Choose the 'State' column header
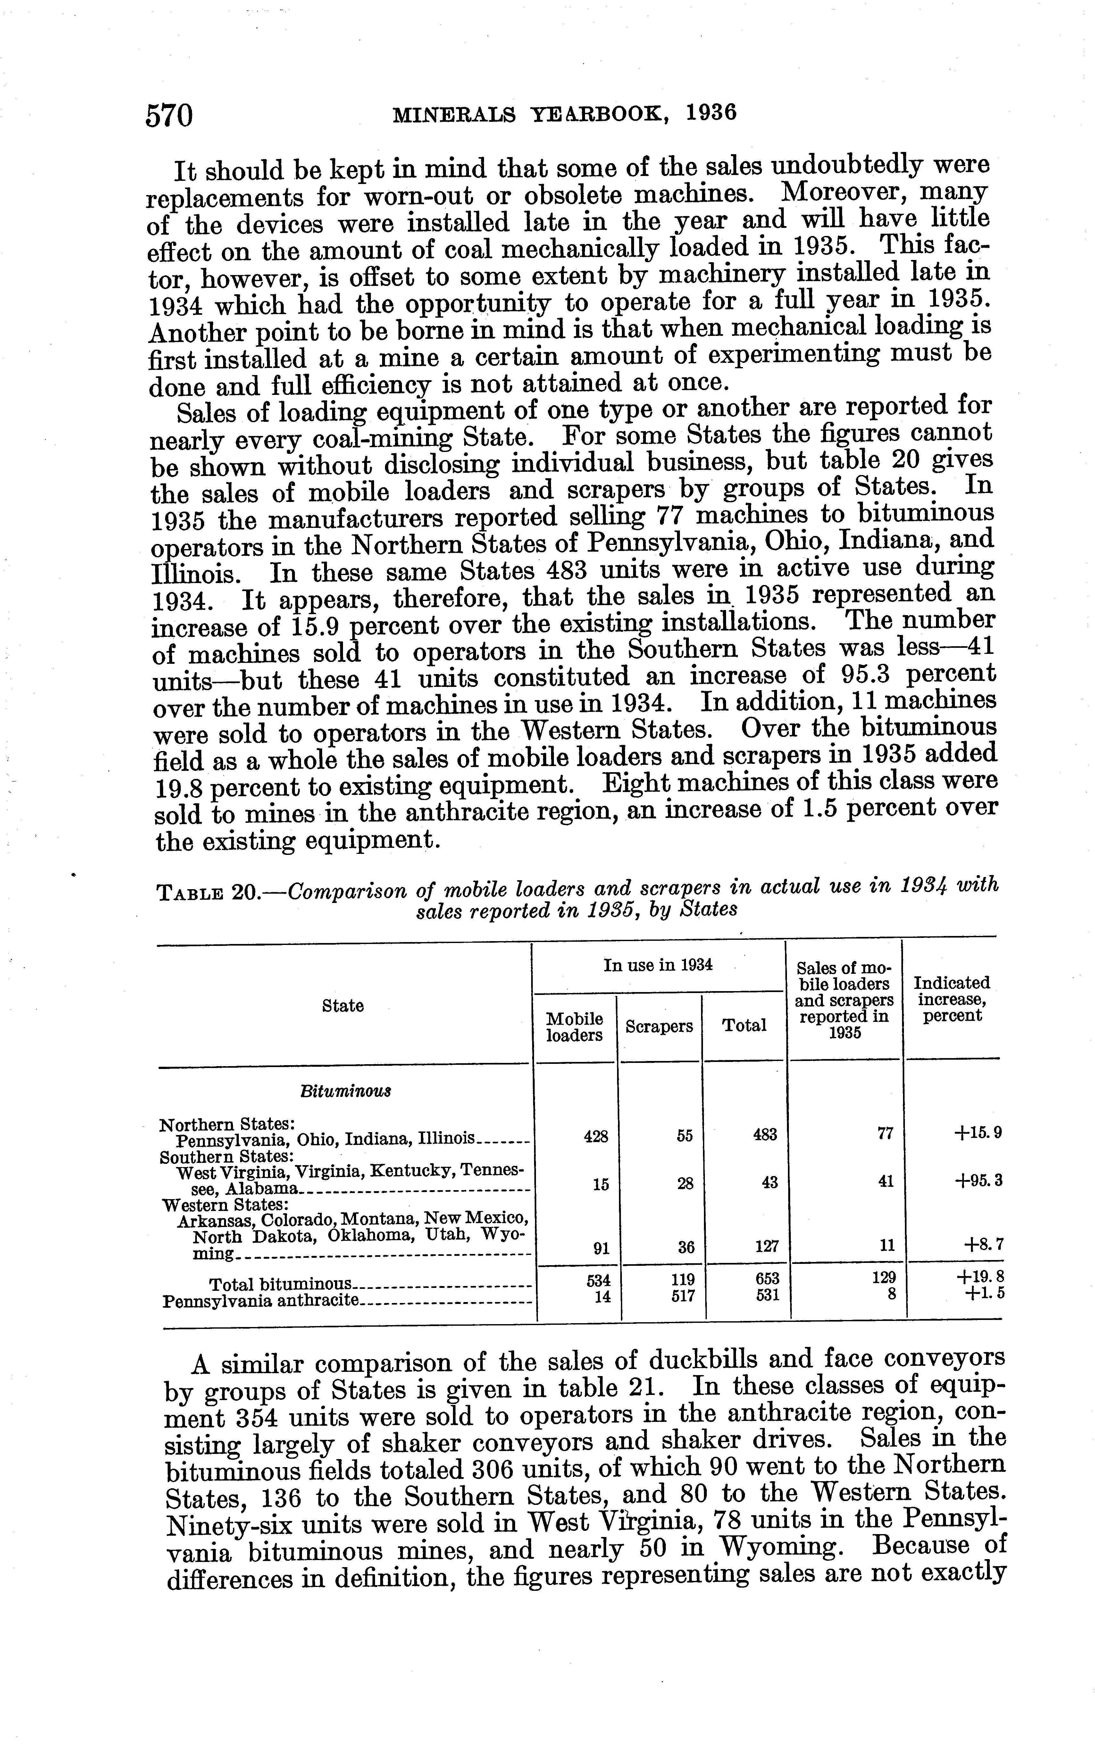(343, 1006)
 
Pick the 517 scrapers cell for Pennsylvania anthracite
(684, 1295)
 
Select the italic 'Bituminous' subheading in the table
(346, 1091)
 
